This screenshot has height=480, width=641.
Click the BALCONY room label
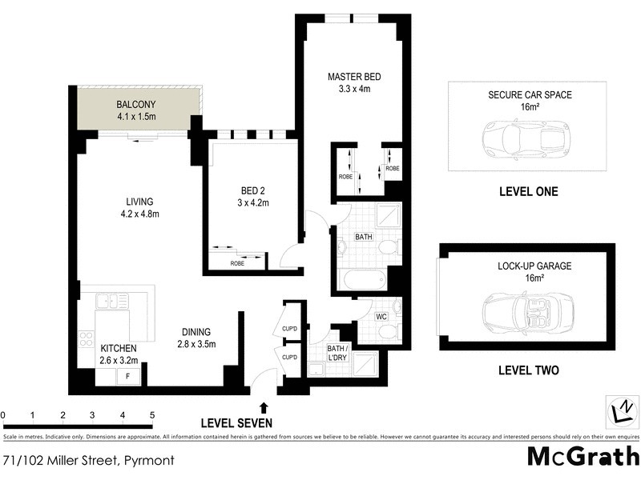coord(136,110)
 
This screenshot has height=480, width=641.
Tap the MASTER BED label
coord(353,82)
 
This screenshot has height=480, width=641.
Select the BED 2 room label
coord(255,196)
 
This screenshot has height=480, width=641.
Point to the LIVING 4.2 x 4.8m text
coord(139,207)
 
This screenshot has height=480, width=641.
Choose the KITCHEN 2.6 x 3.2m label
coord(119,354)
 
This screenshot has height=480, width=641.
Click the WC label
coord(382,317)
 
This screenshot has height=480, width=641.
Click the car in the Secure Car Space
coord(524,138)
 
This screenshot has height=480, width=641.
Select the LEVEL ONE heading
coord(528,192)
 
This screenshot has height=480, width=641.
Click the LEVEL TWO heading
coord(528,370)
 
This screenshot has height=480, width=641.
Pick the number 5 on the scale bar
coord(151,415)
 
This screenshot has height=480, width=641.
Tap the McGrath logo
coord(583,456)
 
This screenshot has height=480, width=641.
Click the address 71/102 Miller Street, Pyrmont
coord(88,460)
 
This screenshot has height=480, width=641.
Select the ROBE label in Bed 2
coord(237,262)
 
